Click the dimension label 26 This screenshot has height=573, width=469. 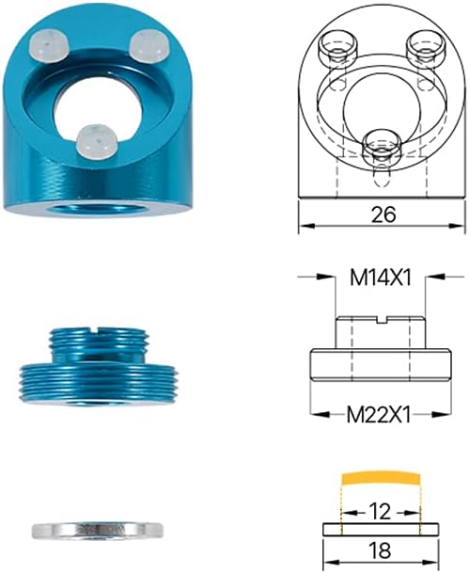click(x=382, y=215)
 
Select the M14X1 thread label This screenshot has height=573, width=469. click(x=382, y=278)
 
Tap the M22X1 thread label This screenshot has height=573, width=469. click(x=382, y=413)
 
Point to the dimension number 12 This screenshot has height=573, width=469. click(x=381, y=511)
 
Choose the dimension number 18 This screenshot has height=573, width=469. click(x=381, y=549)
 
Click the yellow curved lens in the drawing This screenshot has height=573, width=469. click(x=381, y=479)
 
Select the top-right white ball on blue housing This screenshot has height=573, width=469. click(x=148, y=43)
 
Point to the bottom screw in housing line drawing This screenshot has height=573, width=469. click(x=380, y=144)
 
